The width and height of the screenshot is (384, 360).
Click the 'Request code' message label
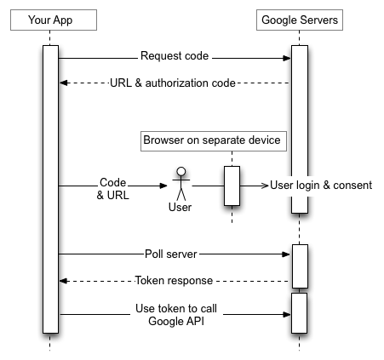[175, 58]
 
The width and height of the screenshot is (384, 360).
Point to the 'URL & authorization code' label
[174, 83]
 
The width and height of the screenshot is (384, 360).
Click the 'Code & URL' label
[112, 188]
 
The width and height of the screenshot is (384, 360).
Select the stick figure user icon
[180, 183]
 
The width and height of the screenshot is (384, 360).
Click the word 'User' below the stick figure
[180, 206]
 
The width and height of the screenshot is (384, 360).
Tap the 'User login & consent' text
[321, 185]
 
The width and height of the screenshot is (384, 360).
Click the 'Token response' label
[175, 280]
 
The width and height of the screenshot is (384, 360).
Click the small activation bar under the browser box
[232, 185]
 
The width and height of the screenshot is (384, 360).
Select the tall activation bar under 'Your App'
[50, 187]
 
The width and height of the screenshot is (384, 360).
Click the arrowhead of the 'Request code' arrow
[287, 58]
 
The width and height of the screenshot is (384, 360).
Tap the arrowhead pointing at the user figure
[166, 185]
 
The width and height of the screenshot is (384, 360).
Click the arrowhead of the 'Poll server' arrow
[287, 254]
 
